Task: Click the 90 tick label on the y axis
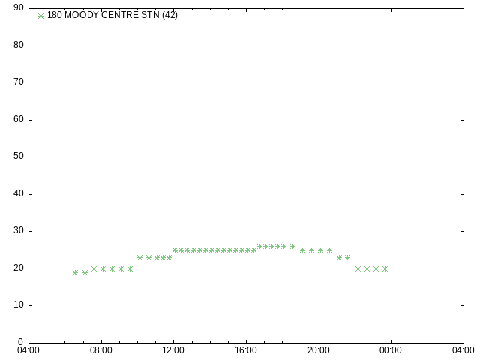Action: pyautogui.click(x=19, y=7)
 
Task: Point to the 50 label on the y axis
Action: pyautogui.click(x=19, y=156)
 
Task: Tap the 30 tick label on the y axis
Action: pyautogui.click(x=19, y=230)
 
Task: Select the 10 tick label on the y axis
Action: pyautogui.click(x=19, y=304)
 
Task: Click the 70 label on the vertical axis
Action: pyautogui.click(x=19, y=82)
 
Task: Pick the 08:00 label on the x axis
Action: pyautogui.click(x=101, y=350)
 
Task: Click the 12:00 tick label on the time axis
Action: pyautogui.click(x=173, y=350)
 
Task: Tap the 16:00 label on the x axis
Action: pyautogui.click(x=246, y=350)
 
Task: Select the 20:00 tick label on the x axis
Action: pyautogui.click(x=319, y=350)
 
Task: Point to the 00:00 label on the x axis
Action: pyautogui.click(x=391, y=350)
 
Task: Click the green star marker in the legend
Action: pyautogui.click(x=40, y=16)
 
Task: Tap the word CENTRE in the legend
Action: pyautogui.click(x=120, y=15)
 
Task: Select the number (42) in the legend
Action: pyautogui.click(x=170, y=15)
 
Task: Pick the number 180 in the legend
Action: pyautogui.click(x=55, y=15)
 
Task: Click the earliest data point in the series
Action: pyautogui.click(x=75, y=272)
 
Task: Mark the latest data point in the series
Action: pyautogui.click(x=385, y=268)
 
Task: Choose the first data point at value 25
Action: pyautogui.click(x=175, y=250)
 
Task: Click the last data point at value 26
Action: pyautogui.click(x=292, y=247)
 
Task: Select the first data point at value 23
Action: pyautogui.click(x=140, y=257)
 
